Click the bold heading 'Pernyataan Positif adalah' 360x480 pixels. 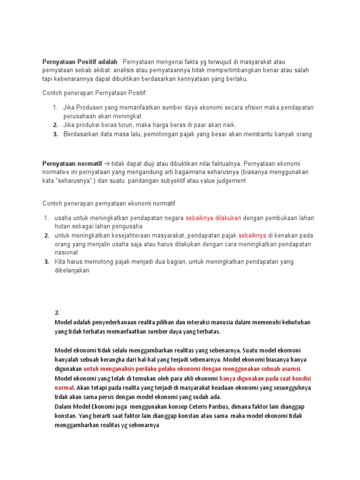tap(80, 62)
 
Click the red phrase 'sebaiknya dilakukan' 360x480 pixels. tap(213, 218)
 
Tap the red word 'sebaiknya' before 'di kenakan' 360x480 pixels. tap(252, 235)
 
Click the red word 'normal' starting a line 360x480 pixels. tap(64, 388)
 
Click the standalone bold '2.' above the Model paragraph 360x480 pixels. tap(57, 313)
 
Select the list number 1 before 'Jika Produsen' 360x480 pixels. tap(55, 107)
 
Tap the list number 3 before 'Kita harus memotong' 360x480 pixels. tap(46, 262)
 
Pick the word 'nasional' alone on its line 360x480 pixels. tap(66, 253)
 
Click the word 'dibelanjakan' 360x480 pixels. tap(72, 270)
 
